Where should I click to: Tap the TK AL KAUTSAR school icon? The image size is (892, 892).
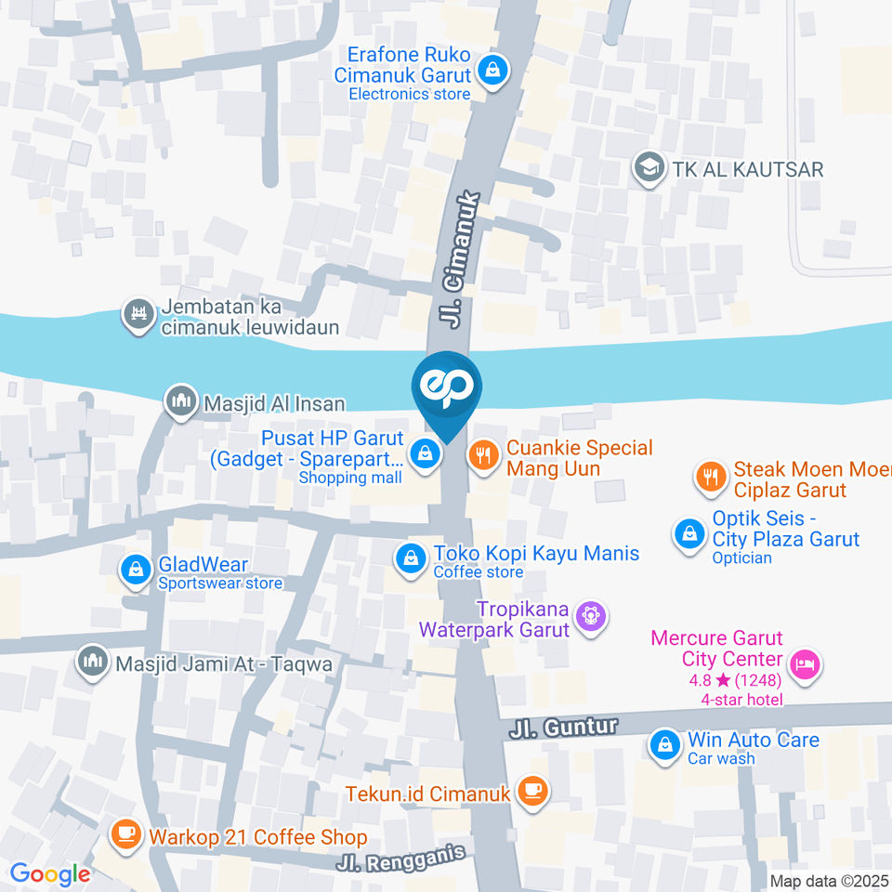646,168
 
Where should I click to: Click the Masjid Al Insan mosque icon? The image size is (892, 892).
180,402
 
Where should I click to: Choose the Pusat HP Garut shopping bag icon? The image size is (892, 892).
425,454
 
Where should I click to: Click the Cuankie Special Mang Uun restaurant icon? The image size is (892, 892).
482,455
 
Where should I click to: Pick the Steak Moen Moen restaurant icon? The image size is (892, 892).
711,478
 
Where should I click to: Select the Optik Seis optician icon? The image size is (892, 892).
689,534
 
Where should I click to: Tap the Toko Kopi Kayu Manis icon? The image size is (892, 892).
409,558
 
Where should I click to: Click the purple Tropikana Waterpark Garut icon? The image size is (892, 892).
589,614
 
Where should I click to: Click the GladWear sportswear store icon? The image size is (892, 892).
136,570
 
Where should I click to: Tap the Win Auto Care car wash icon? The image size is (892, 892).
664,745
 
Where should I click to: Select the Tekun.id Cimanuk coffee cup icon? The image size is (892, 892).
533,792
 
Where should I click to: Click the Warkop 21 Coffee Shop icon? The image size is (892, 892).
125,835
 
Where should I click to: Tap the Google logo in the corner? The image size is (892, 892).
50,873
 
